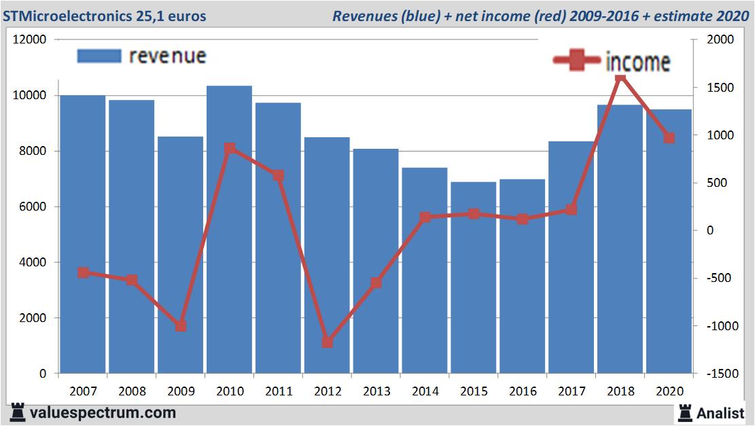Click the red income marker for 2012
(328, 342)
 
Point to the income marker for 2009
(181, 326)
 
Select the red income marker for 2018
(620, 79)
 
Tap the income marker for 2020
(669, 138)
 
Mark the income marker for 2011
(278, 175)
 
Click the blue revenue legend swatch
(99, 56)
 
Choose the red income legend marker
(577, 61)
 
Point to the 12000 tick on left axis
(30, 40)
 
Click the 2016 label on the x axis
(523, 391)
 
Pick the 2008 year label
(132, 391)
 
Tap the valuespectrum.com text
(102, 412)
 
